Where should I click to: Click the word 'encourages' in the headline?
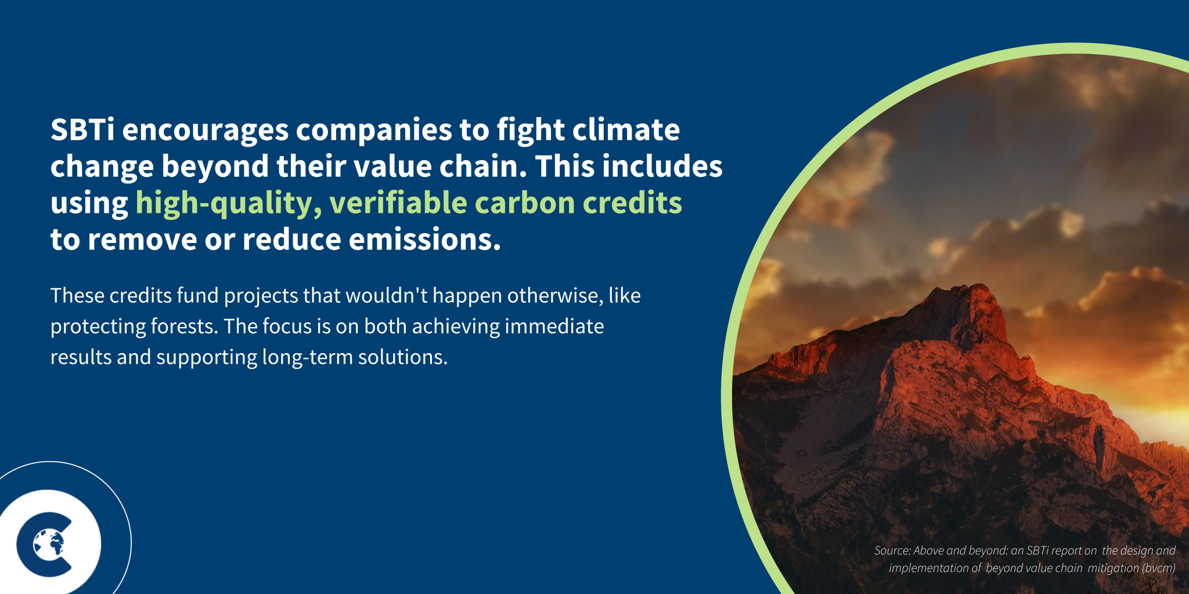(205, 130)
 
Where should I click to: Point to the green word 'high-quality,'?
(228, 204)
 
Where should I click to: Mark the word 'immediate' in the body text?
(554, 327)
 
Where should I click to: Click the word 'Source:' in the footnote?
(892, 550)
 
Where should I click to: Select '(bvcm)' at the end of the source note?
(1158, 568)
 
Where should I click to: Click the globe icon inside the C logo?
(49, 544)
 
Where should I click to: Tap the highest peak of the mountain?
(981, 287)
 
